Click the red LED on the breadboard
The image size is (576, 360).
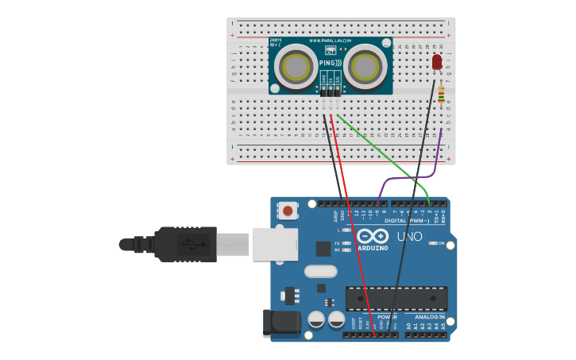tap(436, 62)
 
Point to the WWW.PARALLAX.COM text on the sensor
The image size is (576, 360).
tap(331, 41)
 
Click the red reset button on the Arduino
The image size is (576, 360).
tap(287, 211)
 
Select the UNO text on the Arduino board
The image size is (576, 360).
tap(409, 236)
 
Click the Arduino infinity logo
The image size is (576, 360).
tap(372, 236)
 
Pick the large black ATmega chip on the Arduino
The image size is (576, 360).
tap(396, 298)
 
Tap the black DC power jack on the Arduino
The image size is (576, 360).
tap(280, 322)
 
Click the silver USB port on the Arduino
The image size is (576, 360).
tap(275, 244)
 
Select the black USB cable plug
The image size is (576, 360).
tap(186, 244)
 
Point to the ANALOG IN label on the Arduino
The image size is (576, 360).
tap(429, 316)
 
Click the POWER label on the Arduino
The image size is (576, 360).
tap(387, 316)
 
